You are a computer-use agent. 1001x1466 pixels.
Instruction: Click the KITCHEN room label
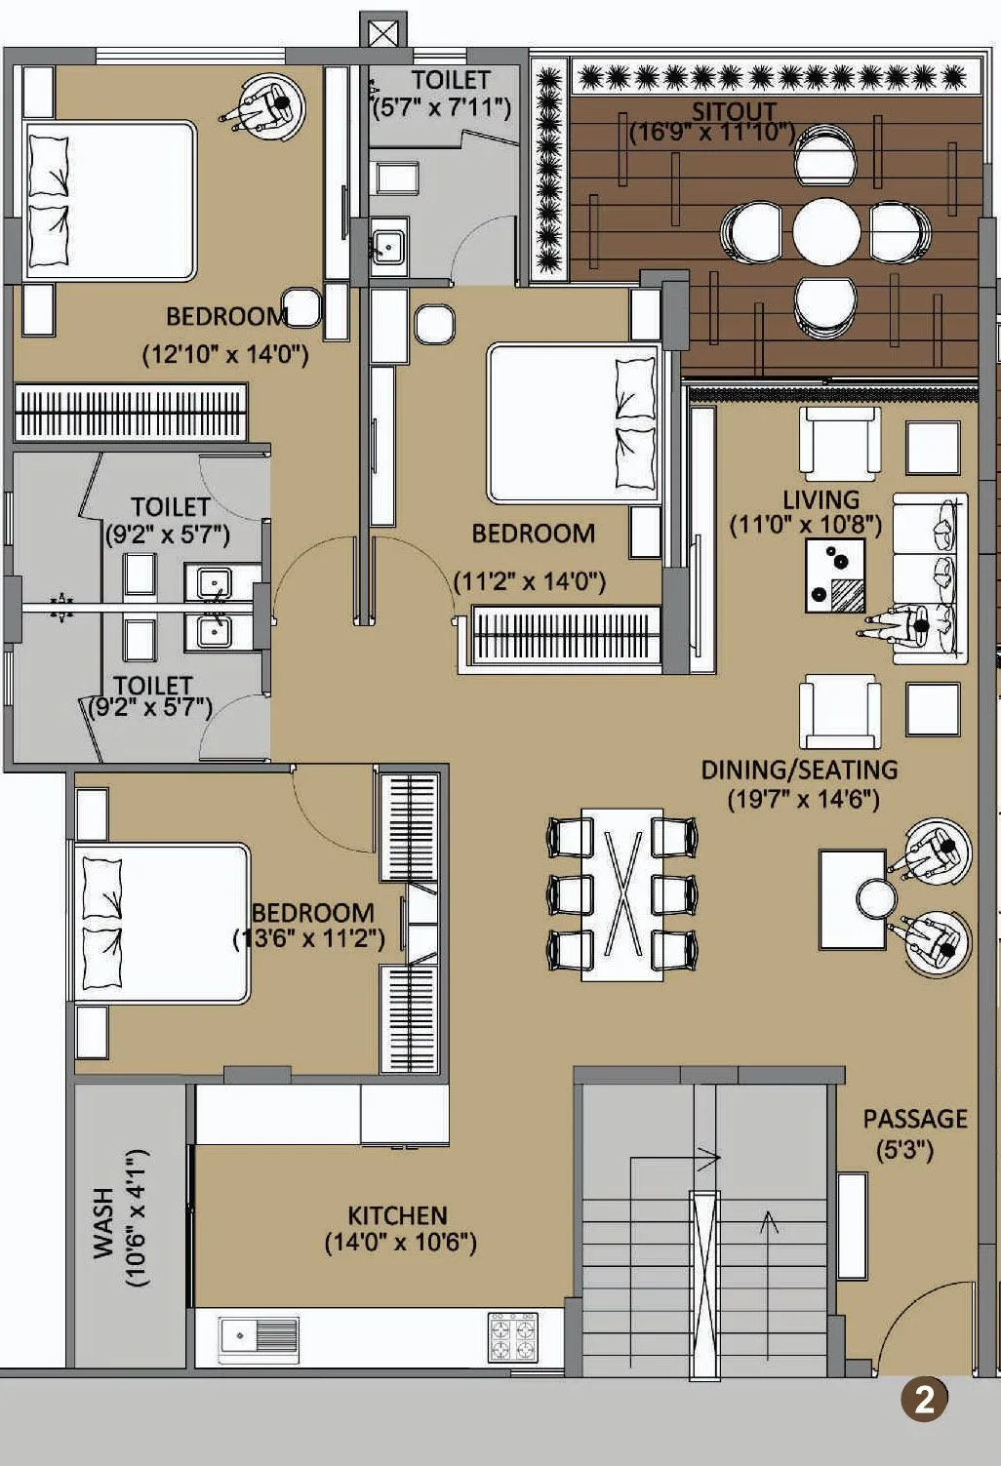click(397, 1215)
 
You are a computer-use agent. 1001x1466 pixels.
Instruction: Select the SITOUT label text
click(734, 110)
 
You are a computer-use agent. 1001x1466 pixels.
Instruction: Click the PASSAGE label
click(914, 1119)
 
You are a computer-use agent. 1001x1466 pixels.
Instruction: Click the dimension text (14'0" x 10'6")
click(400, 1243)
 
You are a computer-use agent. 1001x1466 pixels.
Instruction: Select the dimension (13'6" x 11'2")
click(308, 938)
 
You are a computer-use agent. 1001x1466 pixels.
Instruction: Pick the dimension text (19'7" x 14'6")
click(803, 800)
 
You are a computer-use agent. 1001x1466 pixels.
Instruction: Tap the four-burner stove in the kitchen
click(512, 1336)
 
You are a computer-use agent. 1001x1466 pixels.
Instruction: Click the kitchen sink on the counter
click(260, 1334)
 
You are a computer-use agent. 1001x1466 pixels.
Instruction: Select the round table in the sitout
click(826, 232)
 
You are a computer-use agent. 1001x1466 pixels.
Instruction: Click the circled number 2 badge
click(923, 1400)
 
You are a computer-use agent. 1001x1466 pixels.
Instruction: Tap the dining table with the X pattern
click(622, 893)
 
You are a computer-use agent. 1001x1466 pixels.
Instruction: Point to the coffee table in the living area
click(835, 575)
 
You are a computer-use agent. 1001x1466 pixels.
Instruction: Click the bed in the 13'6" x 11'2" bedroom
click(162, 923)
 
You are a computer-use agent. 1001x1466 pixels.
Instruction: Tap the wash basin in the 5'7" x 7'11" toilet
click(388, 242)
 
